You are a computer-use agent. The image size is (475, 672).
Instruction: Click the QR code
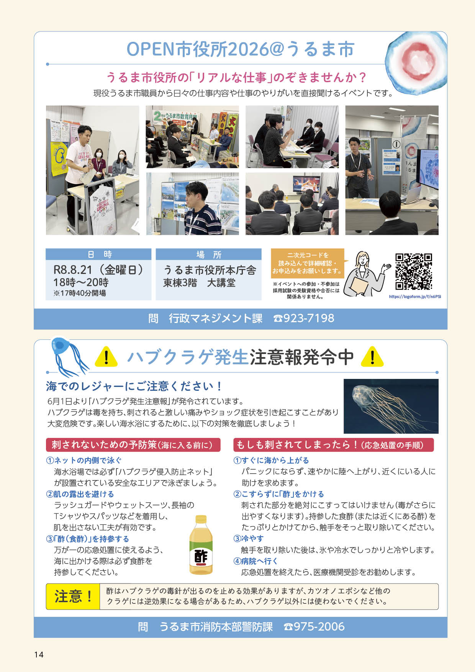coord(414,272)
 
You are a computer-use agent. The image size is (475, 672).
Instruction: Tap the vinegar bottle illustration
coord(201,544)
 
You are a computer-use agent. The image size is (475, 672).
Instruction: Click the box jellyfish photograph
coord(391,406)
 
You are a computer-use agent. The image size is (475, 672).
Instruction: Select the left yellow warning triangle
coord(106,356)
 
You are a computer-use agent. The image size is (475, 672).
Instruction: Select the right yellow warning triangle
coord(372,356)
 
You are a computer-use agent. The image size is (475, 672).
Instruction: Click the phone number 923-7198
coord(304,318)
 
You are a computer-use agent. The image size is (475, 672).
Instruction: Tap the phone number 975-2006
coord(314,627)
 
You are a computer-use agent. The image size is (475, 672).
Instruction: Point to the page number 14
coord(39,654)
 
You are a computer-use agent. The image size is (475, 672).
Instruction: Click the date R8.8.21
coord(73,270)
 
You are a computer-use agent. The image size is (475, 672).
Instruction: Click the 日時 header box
coord(98,254)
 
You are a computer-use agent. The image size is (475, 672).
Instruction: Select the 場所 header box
coord(208,254)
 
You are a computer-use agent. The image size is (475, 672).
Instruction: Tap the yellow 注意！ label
coord(73,597)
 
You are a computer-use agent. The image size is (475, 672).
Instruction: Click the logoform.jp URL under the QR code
coord(415,297)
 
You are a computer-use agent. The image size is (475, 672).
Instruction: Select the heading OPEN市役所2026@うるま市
coord(240,49)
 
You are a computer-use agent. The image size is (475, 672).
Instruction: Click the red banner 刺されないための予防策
coord(133,445)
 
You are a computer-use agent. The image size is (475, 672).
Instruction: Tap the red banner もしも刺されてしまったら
coord(333,445)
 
